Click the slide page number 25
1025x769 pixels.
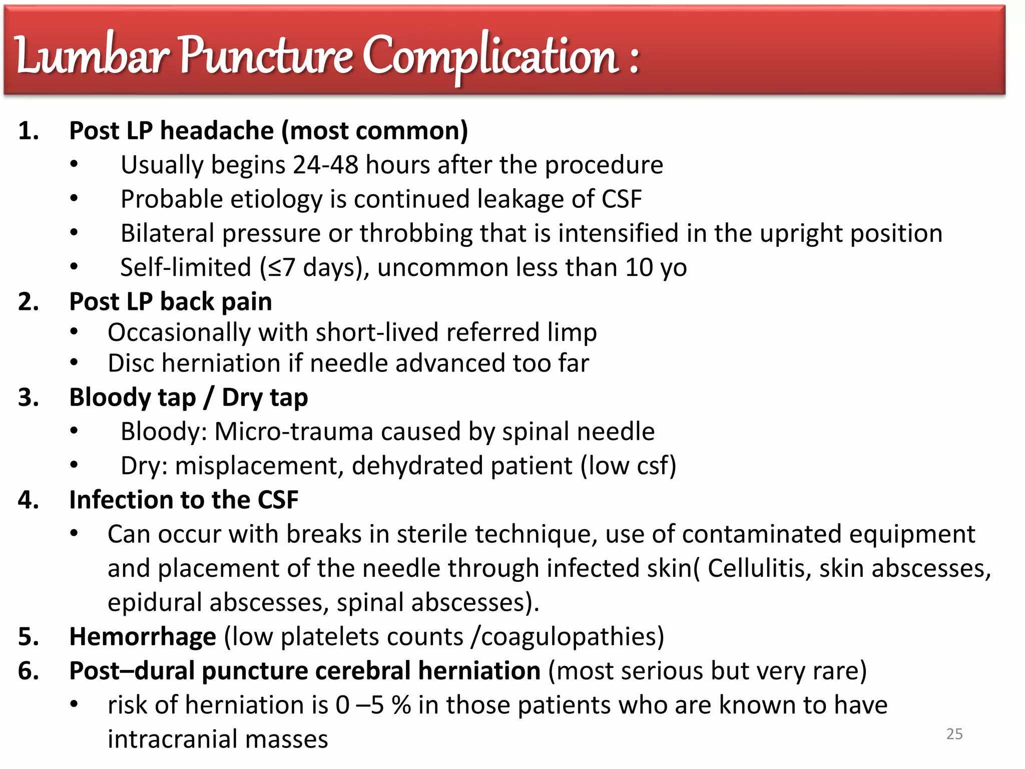pyautogui.click(x=954, y=734)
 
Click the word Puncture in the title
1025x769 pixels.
pyautogui.click(x=266, y=56)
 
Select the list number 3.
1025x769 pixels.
pyautogui.click(x=29, y=398)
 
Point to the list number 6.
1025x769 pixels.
pyautogui.click(x=29, y=671)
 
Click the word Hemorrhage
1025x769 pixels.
pyautogui.click(x=143, y=637)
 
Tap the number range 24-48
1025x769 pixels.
pyautogui.click(x=325, y=165)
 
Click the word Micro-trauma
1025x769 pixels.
pyautogui.click(x=294, y=432)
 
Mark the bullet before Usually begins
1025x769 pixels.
pyautogui.click(x=74, y=164)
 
